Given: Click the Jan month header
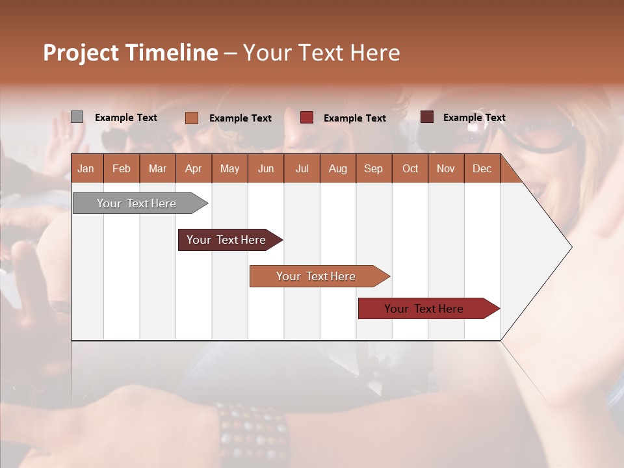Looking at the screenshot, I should (x=86, y=168).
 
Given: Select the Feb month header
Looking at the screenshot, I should (x=122, y=168).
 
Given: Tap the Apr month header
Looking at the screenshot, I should (x=194, y=168).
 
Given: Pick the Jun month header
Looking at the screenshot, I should (x=266, y=168).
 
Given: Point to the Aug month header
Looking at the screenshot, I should (x=337, y=168).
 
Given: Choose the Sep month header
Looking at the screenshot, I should (x=373, y=168).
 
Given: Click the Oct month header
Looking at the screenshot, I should (x=410, y=168).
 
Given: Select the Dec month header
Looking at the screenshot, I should (x=482, y=168).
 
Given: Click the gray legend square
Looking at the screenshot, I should (x=77, y=117).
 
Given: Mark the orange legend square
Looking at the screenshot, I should (x=191, y=118).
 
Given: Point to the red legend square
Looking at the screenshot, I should (x=307, y=118).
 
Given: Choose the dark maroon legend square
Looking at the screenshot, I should (x=426, y=117).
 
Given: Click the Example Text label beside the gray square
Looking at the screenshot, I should (x=126, y=118).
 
